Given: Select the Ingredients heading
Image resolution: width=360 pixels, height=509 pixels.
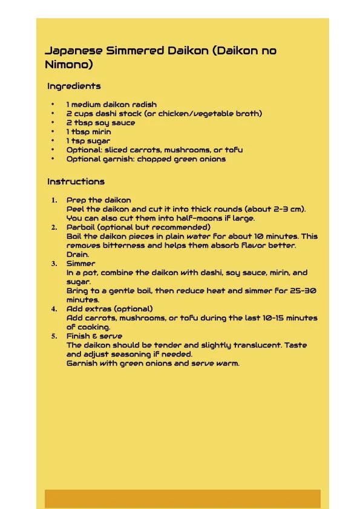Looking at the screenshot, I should (x=74, y=86).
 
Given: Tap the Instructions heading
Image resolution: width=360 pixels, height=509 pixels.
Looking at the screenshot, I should (x=76, y=181).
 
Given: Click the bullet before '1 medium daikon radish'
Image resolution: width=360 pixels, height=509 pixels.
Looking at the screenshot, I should (x=53, y=105).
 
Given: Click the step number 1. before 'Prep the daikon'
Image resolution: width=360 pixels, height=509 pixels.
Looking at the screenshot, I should (x=54, y=200).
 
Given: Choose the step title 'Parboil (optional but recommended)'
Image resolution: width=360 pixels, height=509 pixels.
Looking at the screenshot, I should (x=139, y=227).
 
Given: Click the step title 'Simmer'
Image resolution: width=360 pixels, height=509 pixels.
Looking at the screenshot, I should (x=80, y=264).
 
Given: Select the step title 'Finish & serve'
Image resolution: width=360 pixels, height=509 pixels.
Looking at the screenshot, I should (x=94, y=336).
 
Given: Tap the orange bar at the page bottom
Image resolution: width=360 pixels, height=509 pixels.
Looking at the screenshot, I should (x=182, y=499).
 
